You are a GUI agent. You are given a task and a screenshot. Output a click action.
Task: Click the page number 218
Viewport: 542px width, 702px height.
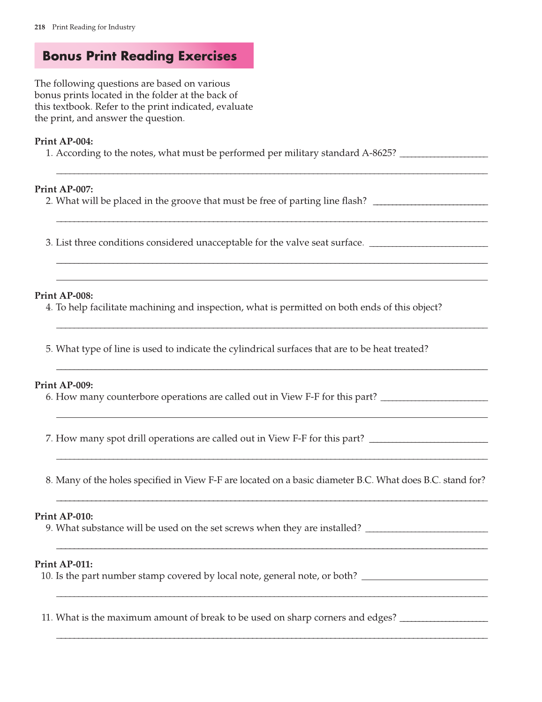point(40,27)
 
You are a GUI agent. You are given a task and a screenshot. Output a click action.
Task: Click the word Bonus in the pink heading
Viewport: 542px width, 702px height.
point(62,56)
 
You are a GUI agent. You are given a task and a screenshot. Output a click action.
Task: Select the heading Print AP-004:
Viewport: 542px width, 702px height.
point(64,142)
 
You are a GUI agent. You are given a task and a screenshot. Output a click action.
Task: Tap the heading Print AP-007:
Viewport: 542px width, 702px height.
point(64,189)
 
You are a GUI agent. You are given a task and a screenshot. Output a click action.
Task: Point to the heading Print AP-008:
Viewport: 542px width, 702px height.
point(64,296)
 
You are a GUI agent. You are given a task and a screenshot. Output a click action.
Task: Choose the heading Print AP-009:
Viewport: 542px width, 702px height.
point(64,385)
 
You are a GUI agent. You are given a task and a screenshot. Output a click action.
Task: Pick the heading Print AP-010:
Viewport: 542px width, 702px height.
point(64,517)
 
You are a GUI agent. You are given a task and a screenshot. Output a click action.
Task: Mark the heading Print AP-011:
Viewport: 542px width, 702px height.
point(64,565)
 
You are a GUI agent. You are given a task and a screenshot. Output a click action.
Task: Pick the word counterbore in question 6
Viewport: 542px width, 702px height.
point(133,397)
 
